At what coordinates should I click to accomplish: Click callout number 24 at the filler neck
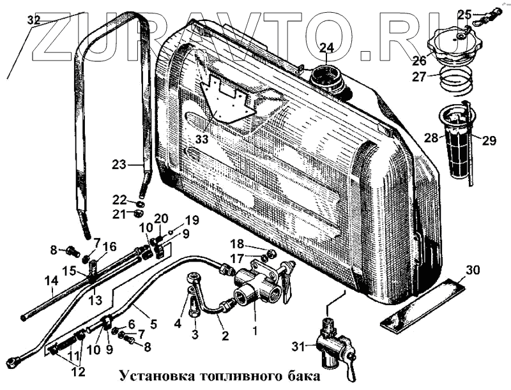pos(326,48)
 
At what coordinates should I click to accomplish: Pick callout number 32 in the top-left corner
pos(33,19)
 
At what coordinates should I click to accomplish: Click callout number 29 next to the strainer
pos(489,140)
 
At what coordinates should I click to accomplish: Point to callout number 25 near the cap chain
pos(464,13)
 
